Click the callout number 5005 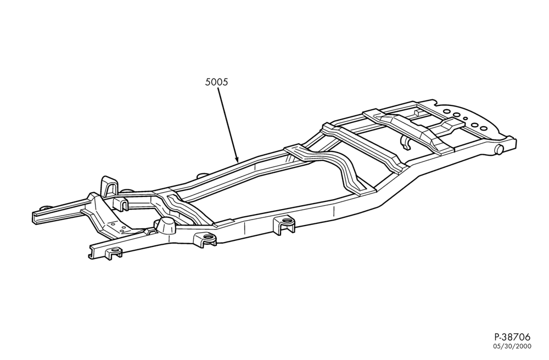[x=216, y=82]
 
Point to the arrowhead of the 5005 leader [x=237, y=159]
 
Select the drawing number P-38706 [x=513, y=337]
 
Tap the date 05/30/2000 [x=513, y=346]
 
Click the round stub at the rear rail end [x=499, y=148]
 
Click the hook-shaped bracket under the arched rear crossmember [x=406, y=142]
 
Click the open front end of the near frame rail [x=92, y=252]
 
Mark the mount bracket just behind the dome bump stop [x=205, y=240]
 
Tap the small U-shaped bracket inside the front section [x=119, y=204]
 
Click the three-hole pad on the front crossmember [x=119, y=227]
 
